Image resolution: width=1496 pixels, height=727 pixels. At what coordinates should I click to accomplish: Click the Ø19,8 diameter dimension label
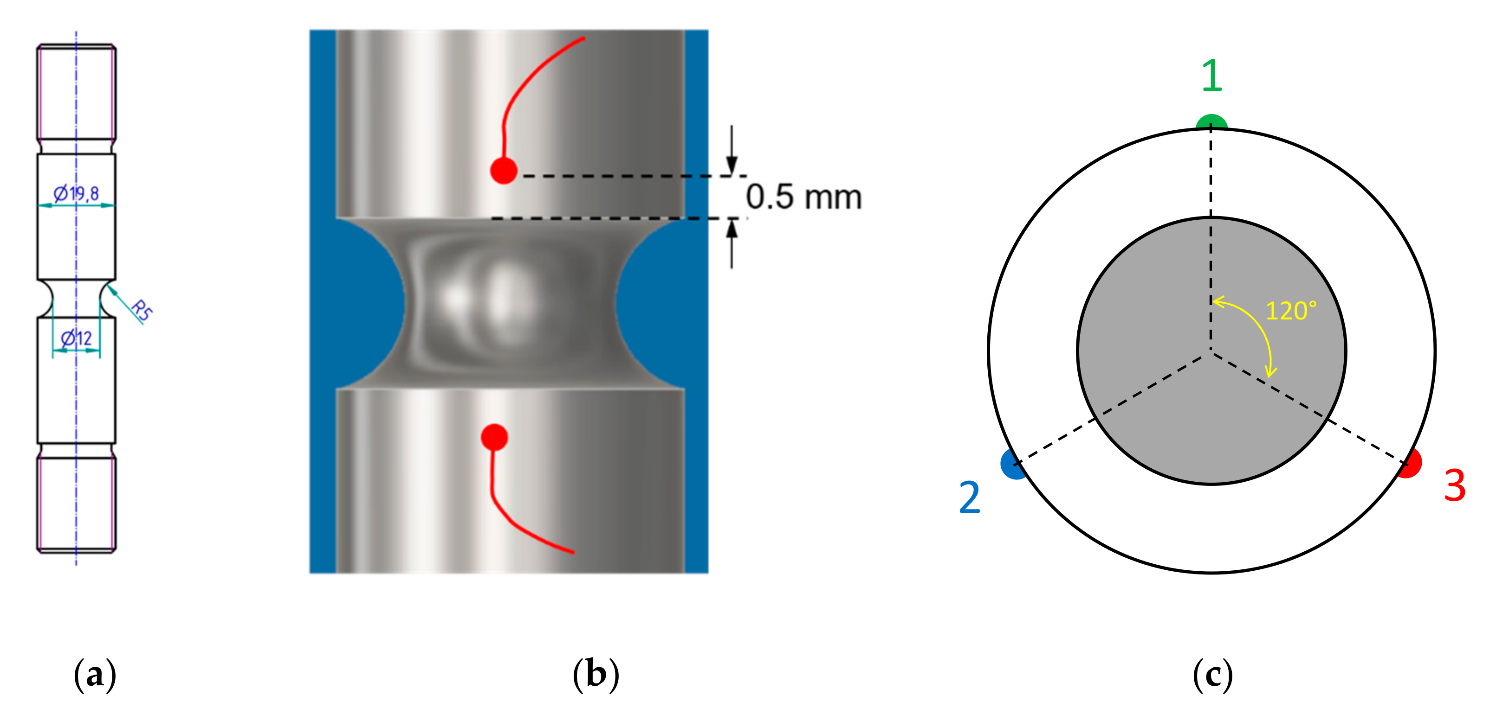pyautogui.click(x=76, y=193)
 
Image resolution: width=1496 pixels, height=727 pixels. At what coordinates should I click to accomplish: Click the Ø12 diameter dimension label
pyautogui.click(x=77, y=338)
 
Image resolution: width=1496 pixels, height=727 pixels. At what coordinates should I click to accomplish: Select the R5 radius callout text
pyautogui.click(x=141, y=310)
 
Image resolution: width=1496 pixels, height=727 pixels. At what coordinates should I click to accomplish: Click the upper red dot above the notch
pyautogui.click(x=504, y=171)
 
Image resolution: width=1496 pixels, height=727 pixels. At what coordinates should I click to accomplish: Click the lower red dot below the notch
pyautogui.click(x=494, y=437)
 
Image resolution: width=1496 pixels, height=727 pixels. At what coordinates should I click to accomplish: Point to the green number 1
pyautogui.click(x=1211, y=76)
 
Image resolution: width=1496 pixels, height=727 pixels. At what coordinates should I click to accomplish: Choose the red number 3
pyautogui.click(x=1454, y=485)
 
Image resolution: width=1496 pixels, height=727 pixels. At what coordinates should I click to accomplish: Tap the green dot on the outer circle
pyautogui.click(x=1211, y=123)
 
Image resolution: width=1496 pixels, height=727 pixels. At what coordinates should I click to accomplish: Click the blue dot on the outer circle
pyautogui.click(x=1013, y=465)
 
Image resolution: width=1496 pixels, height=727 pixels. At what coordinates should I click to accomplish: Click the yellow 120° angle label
pyautogui.click(x=1290, y=311)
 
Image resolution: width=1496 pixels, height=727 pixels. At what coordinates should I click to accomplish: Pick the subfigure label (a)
pyautogui.click(x=95, y=675)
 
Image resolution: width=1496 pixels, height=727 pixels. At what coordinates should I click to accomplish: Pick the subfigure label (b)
pyautogui.click(x=596, y=675)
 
